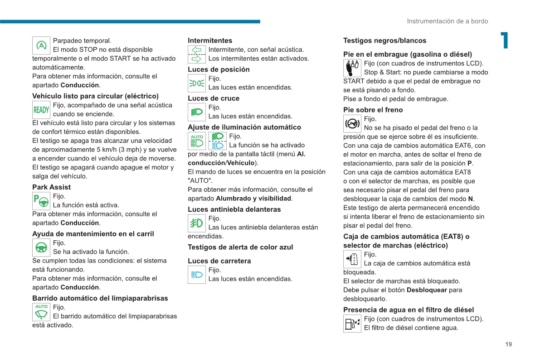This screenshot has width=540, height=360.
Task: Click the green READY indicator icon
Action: [41, 110]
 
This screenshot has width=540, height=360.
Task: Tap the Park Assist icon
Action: [41, 201]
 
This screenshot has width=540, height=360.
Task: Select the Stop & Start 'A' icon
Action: [41, 45]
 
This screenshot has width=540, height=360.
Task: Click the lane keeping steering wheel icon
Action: [41, 248]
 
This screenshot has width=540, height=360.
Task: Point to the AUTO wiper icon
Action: [41, 312]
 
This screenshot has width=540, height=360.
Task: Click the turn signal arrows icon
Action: [197, 54]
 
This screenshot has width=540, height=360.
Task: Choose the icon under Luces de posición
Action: [197, 83]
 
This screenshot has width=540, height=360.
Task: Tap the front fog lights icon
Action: [197, 223]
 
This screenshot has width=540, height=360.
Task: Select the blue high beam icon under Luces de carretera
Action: [197, 275]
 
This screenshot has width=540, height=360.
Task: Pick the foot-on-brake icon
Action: [352, 124]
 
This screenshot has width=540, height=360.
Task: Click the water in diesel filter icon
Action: [352, 324]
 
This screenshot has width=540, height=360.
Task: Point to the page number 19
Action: [508, 344]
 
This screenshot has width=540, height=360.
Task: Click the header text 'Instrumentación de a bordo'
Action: [447, 21]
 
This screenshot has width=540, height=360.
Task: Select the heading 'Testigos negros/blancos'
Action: [384, 41]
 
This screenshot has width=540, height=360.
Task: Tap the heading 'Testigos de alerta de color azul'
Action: [240, 247]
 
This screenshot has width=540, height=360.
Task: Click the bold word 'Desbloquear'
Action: [427, 290]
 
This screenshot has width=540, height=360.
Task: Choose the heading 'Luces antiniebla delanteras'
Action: [234, 209]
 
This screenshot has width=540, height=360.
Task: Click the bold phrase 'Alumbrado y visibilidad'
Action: [253, 198]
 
